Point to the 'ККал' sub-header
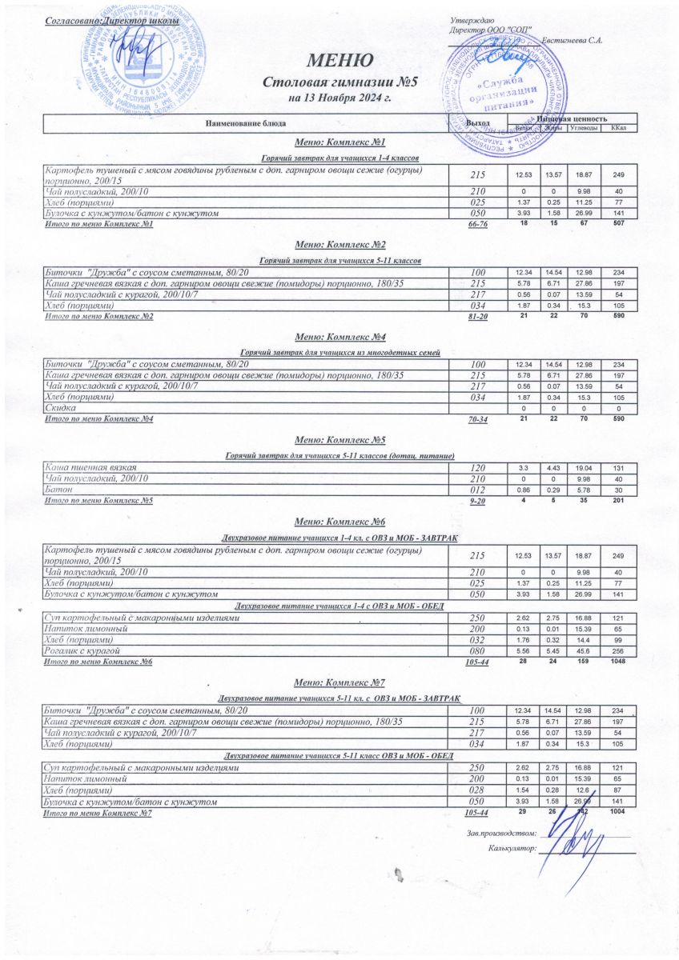(x=617, y=128)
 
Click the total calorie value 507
(x=618, y=225)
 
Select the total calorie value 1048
(x=618, y=662)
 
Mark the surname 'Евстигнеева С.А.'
(x=572, y=40)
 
